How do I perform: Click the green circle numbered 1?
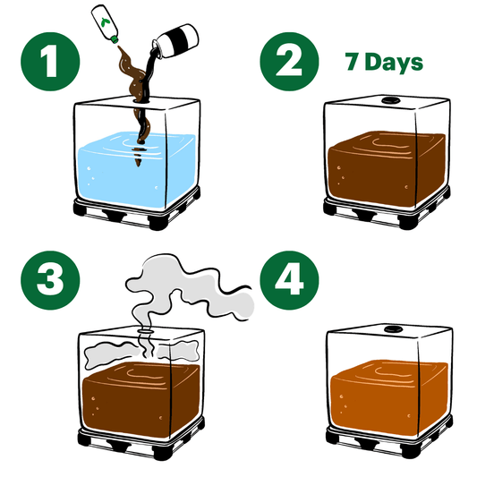(50, 62)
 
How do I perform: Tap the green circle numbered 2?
(289, 62)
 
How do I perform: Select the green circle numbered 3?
(50, 280)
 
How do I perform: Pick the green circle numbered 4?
(289, 280)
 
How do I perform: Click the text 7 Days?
(384, 63)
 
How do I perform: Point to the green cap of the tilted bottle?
(115, 39)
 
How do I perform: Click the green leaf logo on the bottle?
(106, 21)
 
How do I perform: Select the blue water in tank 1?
(136, 169)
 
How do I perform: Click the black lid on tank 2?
(388, 99)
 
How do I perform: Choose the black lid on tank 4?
(392, 328)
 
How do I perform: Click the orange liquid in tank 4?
(389, 397)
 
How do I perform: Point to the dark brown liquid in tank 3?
(141, 399)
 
